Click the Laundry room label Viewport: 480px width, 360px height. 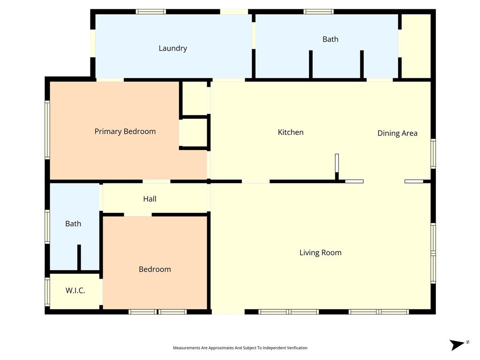pyautogui.click(x=172, y=48)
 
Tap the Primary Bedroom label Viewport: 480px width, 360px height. pyautogui.click(x=125, y=131)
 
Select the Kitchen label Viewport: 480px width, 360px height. pyautogui.click(x=291, y=132)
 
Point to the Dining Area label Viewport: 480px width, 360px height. pyautogui.click(x=397, y=133)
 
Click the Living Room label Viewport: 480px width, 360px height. pyautogui.click(x=320, y=253)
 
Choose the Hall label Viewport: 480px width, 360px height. pyautogui.click(x=150, y=199)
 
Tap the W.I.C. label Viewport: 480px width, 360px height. pyautogui.click(x=75, y=291)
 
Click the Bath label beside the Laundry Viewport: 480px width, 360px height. pyautogui.click(x=330, y=39)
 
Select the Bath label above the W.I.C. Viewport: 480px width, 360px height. pyautogui.click(x=73, y=224)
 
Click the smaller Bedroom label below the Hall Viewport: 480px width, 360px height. pyautogui.click(x=155, y=269)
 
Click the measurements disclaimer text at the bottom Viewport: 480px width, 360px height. pyautogui.click(x=240, y=348)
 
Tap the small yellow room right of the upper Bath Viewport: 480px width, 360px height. pyautogui.click(x=416, y=45)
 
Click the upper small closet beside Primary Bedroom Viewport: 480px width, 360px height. pyautogui.click(x=194, y=98)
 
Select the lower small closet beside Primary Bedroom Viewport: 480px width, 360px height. pyautogui.click(x=194, y=133)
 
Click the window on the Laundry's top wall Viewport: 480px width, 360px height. pyautogui.click(x=151, y=12)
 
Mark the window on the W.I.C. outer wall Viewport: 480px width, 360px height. pyautogui.click(x=47, y=292)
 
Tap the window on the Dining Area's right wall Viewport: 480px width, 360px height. pyautogui.click(x=433, y=154)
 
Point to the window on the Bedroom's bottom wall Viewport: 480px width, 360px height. pyautogui.click(x=157, y=312)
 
